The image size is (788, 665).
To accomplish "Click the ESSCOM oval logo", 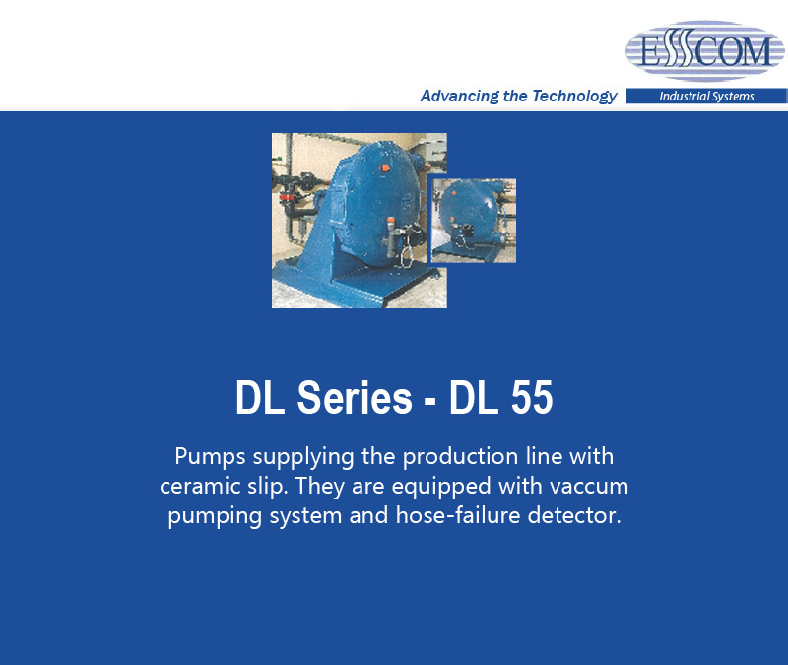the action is (704, 51).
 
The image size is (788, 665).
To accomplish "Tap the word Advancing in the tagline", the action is (459, 96).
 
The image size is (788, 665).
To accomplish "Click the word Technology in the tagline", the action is (574, 96).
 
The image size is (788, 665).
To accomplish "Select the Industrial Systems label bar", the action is (706, 96).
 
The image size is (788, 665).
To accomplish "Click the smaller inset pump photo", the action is (474, 221).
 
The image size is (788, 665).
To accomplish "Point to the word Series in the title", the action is (355, 398).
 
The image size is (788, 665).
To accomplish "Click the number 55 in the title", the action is (532, 398).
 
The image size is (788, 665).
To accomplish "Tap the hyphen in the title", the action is (429, 402).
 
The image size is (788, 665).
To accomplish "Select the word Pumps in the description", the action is (210, 457).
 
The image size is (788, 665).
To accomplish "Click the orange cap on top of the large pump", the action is (384, 167).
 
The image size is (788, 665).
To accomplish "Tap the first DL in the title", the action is (259, 398).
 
